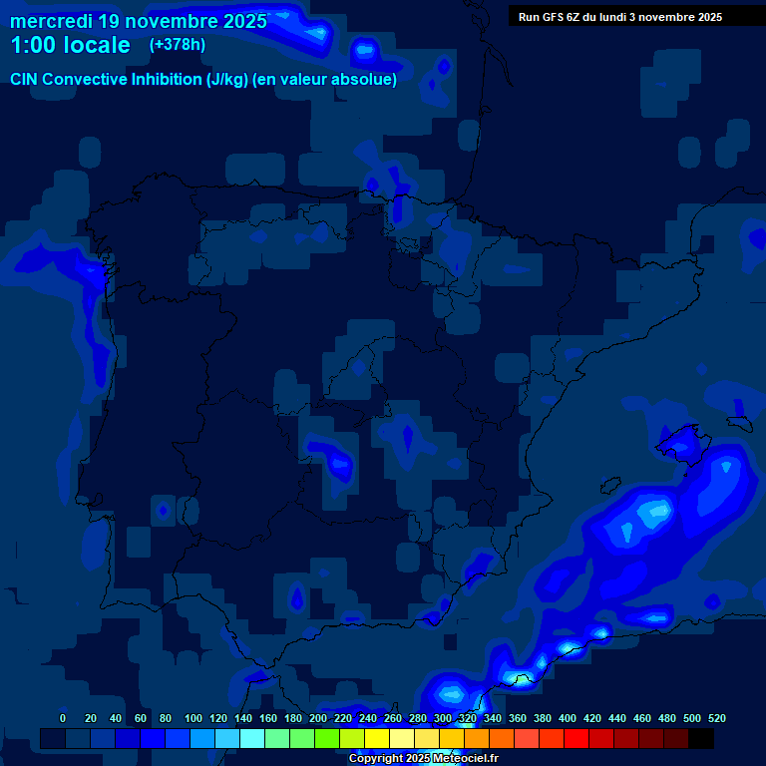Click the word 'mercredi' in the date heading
(x=51, y=21)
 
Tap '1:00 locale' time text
(x=70, y=45)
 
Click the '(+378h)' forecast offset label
(x=178, y=45)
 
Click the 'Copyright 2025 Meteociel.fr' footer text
(x=423, y=759)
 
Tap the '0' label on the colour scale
(x=63, y=719)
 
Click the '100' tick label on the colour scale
(x=193, y=719)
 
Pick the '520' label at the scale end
(x=716, y=719)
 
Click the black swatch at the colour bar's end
(x=701, y=738)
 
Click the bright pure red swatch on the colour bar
(x=576, y=738)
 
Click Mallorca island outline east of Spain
(x=681, y=439)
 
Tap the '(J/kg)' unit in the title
(x=229, y=80)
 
